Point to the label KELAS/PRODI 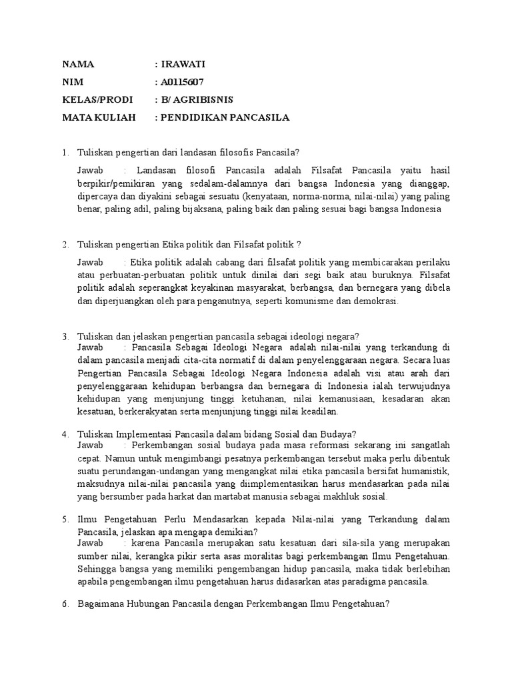point(97,100)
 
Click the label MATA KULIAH point(99,118)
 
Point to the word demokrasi point(376,301)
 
